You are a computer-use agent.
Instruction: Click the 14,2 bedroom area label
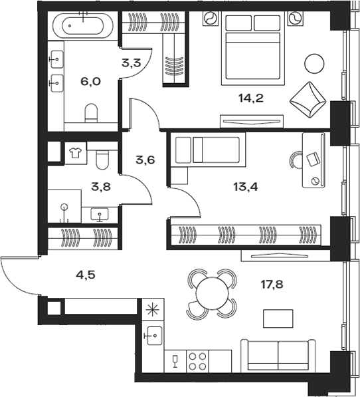251,98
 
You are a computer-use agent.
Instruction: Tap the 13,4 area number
246,187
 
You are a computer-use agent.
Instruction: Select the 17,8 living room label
272,285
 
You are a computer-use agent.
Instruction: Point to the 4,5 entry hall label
86,275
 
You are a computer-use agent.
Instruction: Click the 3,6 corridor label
145,160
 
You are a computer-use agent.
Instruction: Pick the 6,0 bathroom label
90,81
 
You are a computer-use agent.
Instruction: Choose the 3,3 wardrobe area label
131,63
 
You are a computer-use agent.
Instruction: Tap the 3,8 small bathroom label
101,187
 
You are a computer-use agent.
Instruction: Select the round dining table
213,293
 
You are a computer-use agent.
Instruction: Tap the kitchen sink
155,335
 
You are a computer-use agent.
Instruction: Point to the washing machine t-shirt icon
75,153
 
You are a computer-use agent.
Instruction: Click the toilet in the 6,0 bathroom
91,112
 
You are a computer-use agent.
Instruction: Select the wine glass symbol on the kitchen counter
175,361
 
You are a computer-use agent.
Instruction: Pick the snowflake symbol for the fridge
153,309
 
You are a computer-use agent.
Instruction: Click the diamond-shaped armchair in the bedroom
308,100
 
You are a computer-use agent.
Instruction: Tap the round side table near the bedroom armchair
314,64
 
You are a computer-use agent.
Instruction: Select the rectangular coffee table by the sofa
278,319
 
